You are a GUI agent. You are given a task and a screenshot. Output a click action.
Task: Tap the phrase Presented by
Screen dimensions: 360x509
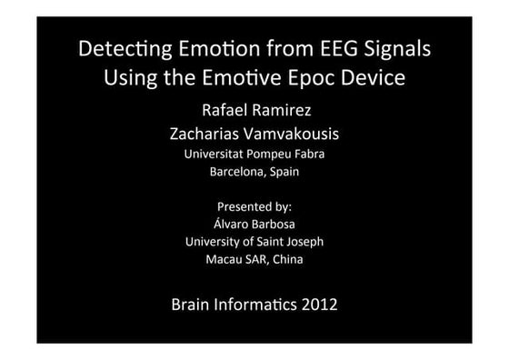click(254, 206)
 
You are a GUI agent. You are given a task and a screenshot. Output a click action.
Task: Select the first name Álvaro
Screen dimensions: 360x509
click(228, 224)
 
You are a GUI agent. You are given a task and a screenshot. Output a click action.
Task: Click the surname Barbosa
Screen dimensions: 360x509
click(275, 224)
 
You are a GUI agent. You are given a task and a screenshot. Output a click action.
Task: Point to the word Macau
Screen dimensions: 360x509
click(225, 259)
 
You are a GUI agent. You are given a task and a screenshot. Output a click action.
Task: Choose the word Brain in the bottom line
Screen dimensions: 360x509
click(193, 303)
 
